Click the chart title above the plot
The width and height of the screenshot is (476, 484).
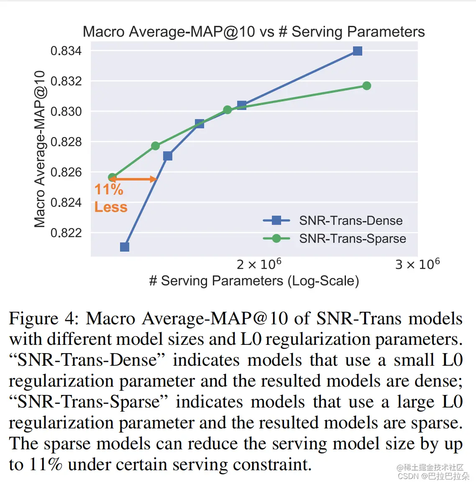pyautogui.click(x=253, y=32)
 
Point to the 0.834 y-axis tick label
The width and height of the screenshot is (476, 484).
pyautogui.click(x=66, y=51)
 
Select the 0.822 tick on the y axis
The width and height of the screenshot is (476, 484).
pyautogui.click(x=66, y=233)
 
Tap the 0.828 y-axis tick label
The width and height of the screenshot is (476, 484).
pyautogui.click(x=66, y=142)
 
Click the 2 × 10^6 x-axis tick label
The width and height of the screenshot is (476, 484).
pyautogui.click(x=259, y=265)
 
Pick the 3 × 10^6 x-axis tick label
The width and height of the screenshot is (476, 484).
pyautogui.click(x=417, y=265)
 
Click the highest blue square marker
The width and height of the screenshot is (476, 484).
pyautogui.click(x=357, y=51)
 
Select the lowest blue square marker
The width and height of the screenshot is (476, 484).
pyautogui.click(x=125, y=247)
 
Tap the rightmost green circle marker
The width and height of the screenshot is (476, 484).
pyautogui.click(x=367, y=86)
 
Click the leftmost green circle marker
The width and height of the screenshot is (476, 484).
pyautogui.click(x=112, y=178)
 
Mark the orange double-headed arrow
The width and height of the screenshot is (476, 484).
pyautogui.click(x=133, y=179)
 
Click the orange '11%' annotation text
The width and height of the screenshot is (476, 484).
pyautogui.click(x=109, y=190)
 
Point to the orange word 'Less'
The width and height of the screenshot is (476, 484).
pyautogui.click(x=111, y=207)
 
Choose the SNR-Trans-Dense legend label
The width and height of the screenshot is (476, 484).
pyautogui.click(x=351, y=221)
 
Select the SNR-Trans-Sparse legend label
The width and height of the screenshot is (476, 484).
pyautogui.click(x=352, y=239)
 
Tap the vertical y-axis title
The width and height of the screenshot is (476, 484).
pyautogui.click(x=40, y=149)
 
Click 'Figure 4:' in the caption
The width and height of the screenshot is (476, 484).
pyautogui.click(x=44, y=318)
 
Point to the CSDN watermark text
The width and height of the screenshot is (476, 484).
pyautogui.click(x=433, y=476)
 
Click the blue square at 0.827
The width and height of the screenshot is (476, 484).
pyautogui.click(x=168, y=156)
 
